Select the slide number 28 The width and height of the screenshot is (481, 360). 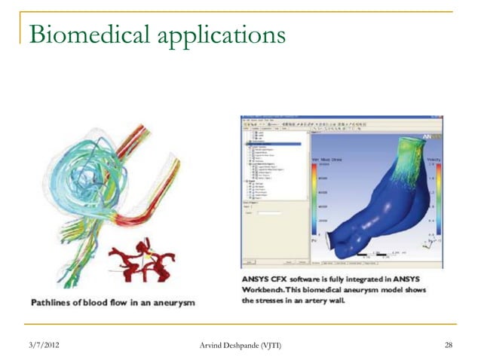click(449, 345)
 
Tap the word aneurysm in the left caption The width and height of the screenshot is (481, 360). click(171, 302)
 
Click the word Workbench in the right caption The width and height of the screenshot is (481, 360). click(270, 290)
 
